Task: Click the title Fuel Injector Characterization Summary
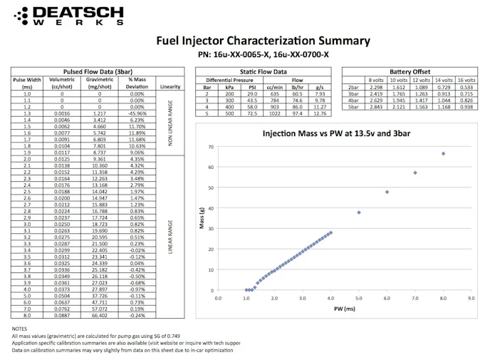click(263, 41)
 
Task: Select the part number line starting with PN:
click(263, 54)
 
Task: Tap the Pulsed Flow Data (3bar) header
click(97, 72)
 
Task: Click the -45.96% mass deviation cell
click(137, 113)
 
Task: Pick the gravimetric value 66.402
click(99, 314)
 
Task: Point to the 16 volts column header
click(466, 80)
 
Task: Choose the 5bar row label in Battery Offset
click(353, 106)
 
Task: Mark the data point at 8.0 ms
click(443, 153)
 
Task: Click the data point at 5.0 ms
click(359, 212)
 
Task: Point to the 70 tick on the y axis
click(211, 147)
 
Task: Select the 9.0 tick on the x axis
click(471, 299)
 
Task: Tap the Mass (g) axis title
click(202, 219)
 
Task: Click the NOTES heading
click(19, 329)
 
